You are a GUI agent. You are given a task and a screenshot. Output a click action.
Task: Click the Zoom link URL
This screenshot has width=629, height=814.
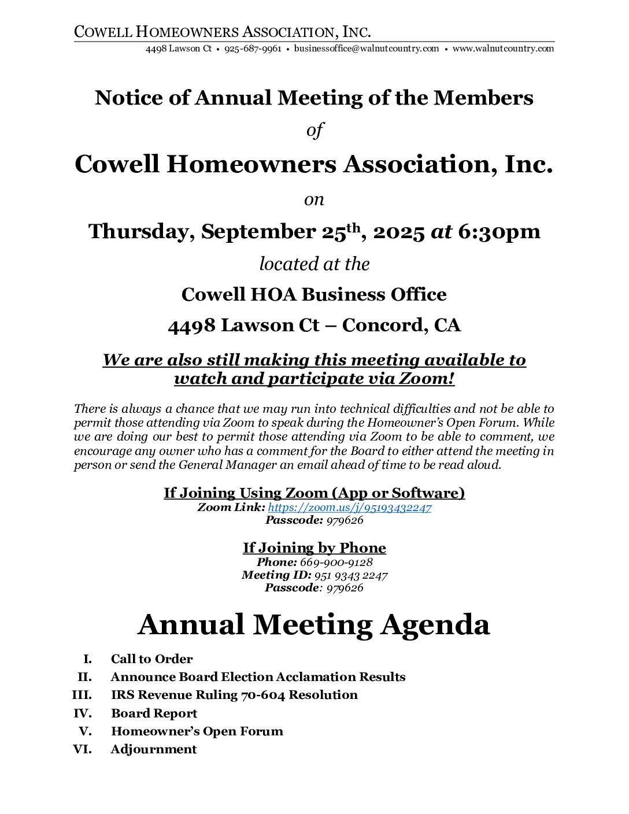(350, 508)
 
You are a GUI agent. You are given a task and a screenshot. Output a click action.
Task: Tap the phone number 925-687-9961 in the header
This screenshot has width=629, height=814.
(253, 49)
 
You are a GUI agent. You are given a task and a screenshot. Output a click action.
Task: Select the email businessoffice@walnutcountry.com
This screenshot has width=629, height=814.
(367, 49)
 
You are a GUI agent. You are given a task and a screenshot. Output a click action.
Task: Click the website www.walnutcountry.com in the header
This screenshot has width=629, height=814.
(503, 49)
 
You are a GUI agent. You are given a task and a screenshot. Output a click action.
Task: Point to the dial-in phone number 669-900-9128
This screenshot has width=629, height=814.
(336, 562)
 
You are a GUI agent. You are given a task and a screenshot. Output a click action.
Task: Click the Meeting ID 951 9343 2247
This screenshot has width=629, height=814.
(350, 575)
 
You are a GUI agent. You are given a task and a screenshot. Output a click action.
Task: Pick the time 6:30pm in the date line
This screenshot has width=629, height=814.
(499, 231)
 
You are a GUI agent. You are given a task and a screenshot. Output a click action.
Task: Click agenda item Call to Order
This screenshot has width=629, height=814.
(151, 659)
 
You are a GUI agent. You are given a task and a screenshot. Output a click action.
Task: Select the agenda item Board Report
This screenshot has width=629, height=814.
(154, 713)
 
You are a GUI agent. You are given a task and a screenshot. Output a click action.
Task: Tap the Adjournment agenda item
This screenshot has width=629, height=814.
(153, 749)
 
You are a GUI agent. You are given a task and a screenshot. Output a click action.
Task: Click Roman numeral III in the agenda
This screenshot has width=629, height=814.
(82, 695)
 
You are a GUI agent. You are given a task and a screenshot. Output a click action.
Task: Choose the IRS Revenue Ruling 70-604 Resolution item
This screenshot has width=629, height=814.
(234, 695)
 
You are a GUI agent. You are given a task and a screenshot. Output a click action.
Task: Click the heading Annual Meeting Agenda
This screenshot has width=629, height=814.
(314, 624)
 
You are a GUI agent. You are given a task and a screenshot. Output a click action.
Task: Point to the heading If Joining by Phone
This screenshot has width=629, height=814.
(314, 547)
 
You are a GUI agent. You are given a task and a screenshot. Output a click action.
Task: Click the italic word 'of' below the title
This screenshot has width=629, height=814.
(314, 130)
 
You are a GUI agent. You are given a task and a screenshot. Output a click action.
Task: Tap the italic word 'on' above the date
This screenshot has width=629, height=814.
(314, 199)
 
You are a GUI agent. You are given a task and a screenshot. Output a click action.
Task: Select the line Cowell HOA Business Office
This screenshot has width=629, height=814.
(314, 294)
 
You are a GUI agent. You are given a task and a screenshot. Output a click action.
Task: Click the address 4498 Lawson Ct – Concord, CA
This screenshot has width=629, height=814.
(314, 325)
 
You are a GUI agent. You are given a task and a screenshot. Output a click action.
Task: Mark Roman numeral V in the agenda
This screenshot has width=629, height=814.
(85, 731)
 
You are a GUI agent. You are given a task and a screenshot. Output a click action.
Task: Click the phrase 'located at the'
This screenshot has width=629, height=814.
(314, 264)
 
